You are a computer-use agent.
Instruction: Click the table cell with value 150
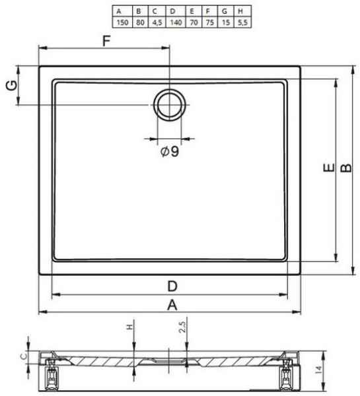click(122, 22)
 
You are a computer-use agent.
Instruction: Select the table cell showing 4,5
click(157, 22)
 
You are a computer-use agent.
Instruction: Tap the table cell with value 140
click(176, 22)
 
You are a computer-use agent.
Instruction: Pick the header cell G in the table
click(225, 11)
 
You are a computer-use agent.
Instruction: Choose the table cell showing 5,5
click(242, 22)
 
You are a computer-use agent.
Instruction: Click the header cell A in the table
click(119, 11)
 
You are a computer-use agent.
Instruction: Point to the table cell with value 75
click(209, 22)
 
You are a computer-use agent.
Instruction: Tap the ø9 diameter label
click(170, 151)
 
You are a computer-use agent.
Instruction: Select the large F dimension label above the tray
click(107, 41)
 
